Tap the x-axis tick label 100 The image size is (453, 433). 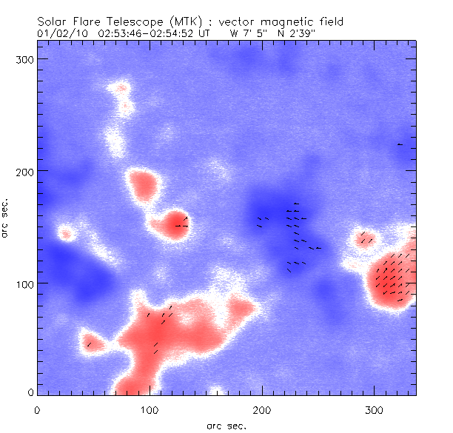click(x=150, y=409)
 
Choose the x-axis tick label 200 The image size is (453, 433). click(x=262, y=409)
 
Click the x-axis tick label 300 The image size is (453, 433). click(x=375, y=409)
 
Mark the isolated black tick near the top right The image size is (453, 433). click(x=400, y=144)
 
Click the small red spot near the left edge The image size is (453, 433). click(x=66, y=235)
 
